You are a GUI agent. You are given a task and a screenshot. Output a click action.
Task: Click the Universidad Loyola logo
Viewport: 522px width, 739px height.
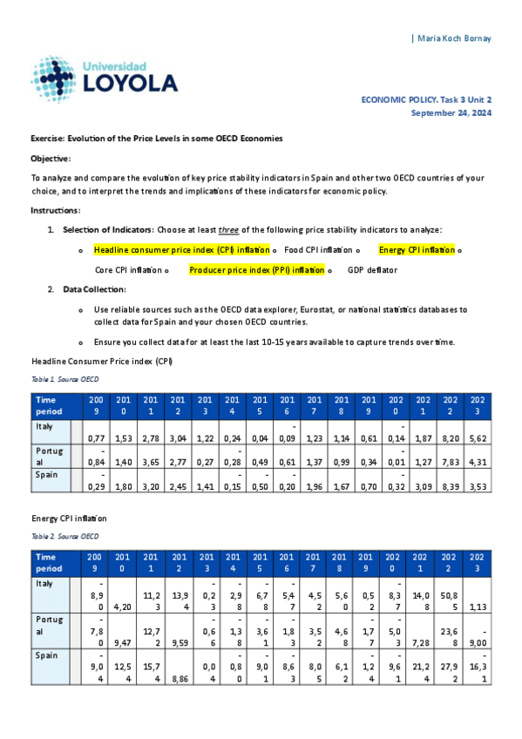(x=104, y=78)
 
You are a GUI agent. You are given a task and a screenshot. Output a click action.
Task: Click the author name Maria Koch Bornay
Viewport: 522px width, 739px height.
(x=454, y=38)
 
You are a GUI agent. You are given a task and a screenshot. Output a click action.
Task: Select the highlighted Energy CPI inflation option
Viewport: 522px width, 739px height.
(x=417, y=250)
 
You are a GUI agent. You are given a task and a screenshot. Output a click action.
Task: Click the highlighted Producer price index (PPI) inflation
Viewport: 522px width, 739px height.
(x=256, y=270)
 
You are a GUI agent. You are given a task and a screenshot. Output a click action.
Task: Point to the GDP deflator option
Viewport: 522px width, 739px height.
(x=372, y=270)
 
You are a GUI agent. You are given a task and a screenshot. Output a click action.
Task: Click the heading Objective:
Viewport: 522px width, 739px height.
(x=51, y=159)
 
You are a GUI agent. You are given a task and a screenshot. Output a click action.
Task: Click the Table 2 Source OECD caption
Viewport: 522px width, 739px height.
(x=64, y=535)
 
